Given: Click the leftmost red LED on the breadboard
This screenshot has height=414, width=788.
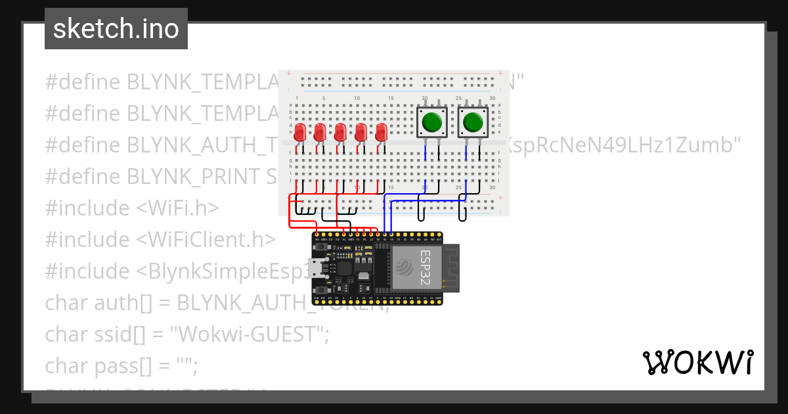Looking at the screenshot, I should click(x=299, y=131).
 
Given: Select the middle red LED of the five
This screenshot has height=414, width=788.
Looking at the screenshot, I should click(x=340, y=131).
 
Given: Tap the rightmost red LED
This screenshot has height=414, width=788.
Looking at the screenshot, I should click(x=381, y=131).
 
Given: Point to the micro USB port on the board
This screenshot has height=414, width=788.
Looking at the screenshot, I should click(x=318, y=268).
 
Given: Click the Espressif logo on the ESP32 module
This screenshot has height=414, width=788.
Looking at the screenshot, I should click(x=403, y=266).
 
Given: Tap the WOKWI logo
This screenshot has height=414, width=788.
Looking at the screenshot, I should click(x=697, y=362).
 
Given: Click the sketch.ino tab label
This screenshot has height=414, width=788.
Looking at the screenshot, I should click(x=116, y=29).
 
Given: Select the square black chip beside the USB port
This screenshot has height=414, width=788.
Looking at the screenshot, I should click(x=345, y=268).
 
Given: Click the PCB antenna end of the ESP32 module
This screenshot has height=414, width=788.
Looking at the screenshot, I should click(x=452, y=267).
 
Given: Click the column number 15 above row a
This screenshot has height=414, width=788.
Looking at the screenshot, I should click(x=391, y=99).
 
